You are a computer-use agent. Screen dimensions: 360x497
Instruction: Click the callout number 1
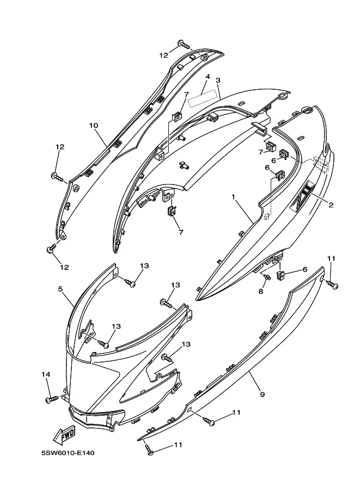[x=234, y=197]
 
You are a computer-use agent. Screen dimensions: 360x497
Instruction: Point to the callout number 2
[x=331, y=205]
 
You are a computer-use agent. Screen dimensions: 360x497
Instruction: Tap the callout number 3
[x=218, y=81]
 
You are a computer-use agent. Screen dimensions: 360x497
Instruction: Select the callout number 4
[x=208, y=77]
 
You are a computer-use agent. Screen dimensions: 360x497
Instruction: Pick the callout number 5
[x=60, y=289]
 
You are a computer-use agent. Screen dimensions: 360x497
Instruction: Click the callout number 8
[x=261, y=291]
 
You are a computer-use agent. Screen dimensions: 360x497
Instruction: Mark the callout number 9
[x=263, y=394]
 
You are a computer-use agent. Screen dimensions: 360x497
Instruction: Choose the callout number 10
[x=94, y=126]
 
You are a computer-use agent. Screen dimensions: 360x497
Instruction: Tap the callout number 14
[x=46, y=375]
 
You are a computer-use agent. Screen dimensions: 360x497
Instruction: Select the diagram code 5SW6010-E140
[x=68, y=453]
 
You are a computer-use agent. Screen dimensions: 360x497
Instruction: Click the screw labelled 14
[x=53, y=398]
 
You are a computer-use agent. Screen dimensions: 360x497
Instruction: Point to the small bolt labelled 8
[x=267, y=277]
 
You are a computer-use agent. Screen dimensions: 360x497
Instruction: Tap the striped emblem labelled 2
[x=302, y=196]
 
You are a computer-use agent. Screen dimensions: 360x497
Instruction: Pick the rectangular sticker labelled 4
[x=204, y=97]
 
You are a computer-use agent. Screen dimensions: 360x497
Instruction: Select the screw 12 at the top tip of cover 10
[x=185, y=45]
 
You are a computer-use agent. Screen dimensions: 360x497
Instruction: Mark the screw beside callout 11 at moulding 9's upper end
[x=332, y=284]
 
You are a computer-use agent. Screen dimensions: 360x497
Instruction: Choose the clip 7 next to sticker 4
[x=177, y=116]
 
